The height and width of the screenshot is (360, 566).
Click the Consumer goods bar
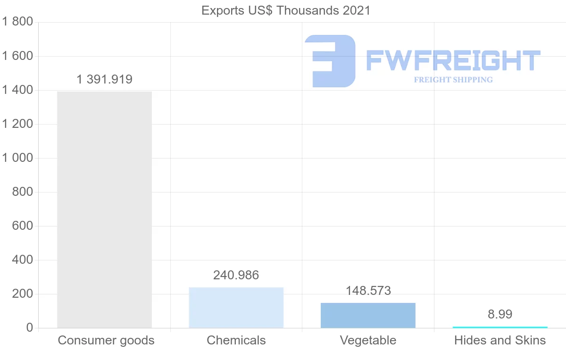[104, 209]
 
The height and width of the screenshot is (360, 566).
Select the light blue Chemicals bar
[236, 308]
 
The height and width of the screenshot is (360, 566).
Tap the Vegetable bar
[368, 315]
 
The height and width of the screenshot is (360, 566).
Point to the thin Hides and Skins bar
[500, 327]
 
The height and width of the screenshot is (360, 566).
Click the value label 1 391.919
[104, 79]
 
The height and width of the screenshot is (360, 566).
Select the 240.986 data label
[236, 275]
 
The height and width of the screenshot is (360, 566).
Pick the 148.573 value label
[368, 291]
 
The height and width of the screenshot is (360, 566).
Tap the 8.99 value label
[500, 314]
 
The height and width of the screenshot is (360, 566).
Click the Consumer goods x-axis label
[106, 340]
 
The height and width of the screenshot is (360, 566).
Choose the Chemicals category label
[236, 340]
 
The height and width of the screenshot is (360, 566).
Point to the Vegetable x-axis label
[368, 340]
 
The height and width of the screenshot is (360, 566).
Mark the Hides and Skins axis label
[500, 340]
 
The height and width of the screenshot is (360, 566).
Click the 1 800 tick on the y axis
[17, 22]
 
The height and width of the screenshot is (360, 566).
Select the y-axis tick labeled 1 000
[17, 158]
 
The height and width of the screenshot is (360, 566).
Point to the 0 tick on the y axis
[29, 328]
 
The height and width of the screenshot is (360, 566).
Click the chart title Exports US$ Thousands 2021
[286, 10]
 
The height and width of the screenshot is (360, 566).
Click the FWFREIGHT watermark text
[453, 61]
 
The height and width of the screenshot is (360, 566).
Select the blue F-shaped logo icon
[330, 61]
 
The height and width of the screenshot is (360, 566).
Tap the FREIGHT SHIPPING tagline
[453, 80]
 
